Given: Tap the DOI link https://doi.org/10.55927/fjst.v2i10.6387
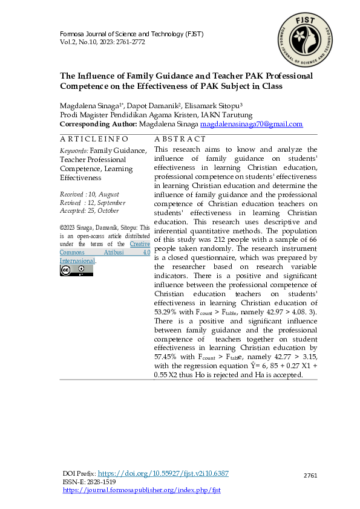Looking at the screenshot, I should tap(163, 473).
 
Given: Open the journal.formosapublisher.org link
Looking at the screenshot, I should tap(142, 490).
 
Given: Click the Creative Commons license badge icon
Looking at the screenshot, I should tap(76, 270).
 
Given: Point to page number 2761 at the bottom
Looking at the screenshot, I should tap(310, 476).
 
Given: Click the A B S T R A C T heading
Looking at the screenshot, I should tap(180, 139).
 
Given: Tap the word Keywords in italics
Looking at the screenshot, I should tap(73, 151).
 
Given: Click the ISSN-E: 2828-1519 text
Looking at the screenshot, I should tap(90, 482).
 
